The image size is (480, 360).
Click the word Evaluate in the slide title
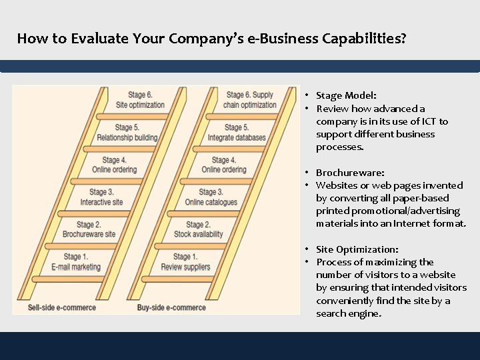(98, 38)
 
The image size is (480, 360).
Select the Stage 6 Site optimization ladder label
(140, 100)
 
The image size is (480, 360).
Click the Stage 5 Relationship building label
(127, 133)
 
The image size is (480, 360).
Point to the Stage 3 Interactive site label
(101, 197)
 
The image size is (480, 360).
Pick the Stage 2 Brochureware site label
(89, 229)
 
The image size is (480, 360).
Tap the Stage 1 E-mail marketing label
(76, 262)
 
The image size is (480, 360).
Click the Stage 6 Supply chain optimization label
(251, 100)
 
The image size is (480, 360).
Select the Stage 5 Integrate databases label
(237, 133)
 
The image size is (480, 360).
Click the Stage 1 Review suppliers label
(185, 262)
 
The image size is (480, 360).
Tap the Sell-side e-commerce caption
(62, 307)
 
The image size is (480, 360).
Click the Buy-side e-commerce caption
(171, 307)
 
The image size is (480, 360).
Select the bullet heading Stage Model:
(346, 95)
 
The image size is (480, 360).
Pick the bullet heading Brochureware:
(350, 173)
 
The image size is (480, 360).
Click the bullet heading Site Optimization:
(357, 249)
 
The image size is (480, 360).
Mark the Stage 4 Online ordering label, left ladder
(114, 165)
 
